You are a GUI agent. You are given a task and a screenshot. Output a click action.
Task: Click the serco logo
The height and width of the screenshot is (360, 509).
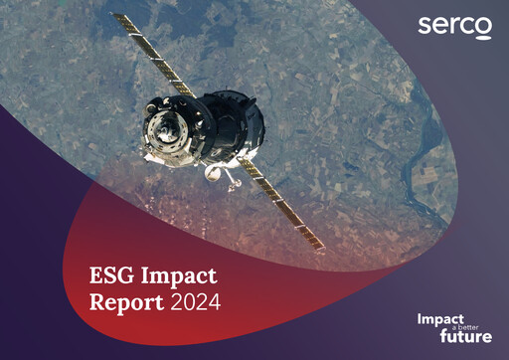[454, 27]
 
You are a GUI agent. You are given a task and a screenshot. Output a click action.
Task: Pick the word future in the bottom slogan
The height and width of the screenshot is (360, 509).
[466, 336]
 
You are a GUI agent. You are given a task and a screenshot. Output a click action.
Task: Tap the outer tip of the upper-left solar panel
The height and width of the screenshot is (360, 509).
[114, 18]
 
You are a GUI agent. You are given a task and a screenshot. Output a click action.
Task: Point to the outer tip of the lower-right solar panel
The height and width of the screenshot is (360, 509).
[320, 249]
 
